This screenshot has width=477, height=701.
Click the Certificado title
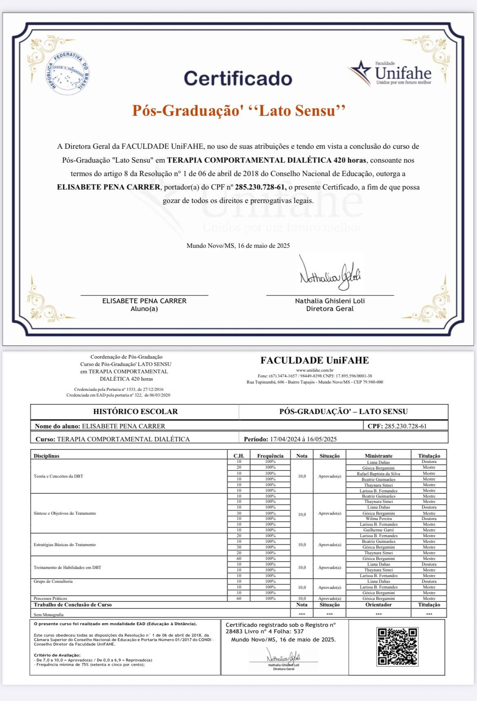coord(238,78)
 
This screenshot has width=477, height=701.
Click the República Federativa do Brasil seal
coord(67,73)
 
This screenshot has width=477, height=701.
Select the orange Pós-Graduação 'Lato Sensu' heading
coord(239,110)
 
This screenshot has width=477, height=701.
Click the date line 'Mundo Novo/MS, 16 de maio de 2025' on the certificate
coord(238,245)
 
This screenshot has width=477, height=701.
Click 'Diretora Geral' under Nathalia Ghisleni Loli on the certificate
coord(330,309)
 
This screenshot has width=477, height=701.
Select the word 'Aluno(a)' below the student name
coord(144,309)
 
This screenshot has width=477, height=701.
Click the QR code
coord(397,646)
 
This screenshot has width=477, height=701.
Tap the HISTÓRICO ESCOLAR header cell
coord(135,412)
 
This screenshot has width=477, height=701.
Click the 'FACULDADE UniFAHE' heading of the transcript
coord(314,360)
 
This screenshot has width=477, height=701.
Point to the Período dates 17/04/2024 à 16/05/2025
coord(303,439)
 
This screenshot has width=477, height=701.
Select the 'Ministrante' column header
coord(378,456)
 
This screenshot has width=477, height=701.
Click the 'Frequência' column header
coord(270,456)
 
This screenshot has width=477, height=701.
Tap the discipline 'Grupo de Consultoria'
coord(53,581)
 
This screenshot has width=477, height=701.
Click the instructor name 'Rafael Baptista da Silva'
coord(378,474)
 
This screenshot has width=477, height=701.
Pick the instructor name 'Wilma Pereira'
coord(378,519)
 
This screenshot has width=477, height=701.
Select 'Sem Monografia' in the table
coord(49,615)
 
